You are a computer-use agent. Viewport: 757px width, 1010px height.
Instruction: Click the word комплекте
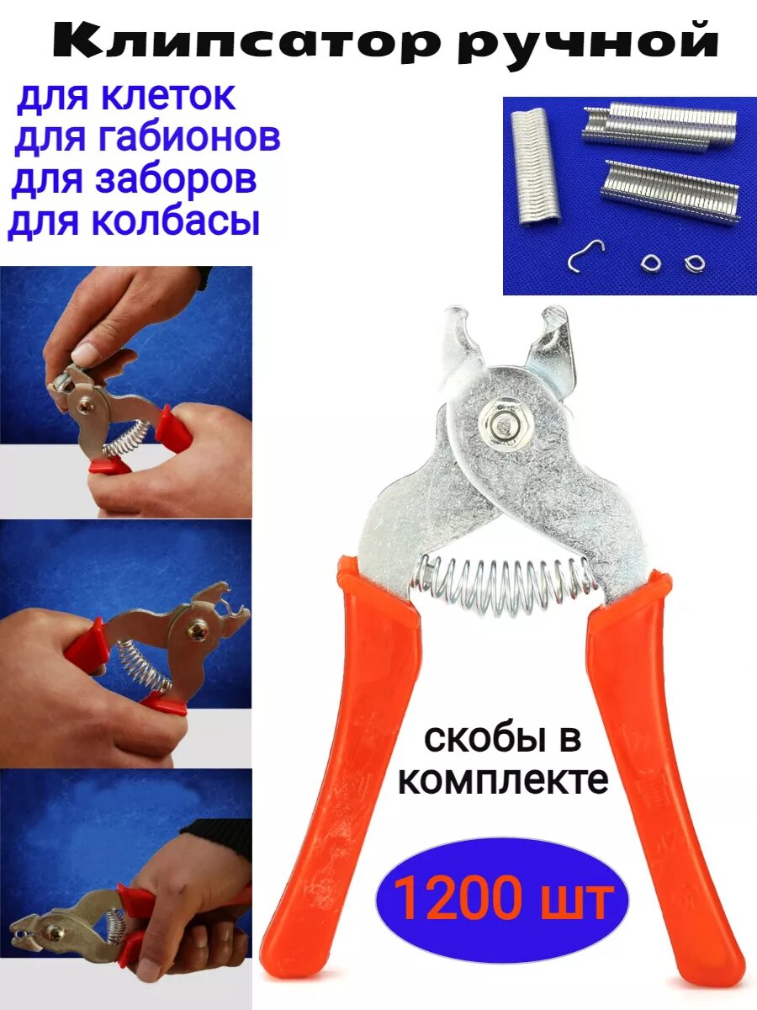tap(503, 780)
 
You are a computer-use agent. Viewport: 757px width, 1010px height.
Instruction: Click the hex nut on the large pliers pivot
tap(500, 424)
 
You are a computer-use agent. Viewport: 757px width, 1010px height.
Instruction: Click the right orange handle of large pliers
tap(664, 757)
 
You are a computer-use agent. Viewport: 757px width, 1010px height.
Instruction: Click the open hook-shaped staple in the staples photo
tap(585, 256)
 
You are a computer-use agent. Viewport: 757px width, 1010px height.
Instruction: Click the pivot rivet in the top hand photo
tap(87, 407)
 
